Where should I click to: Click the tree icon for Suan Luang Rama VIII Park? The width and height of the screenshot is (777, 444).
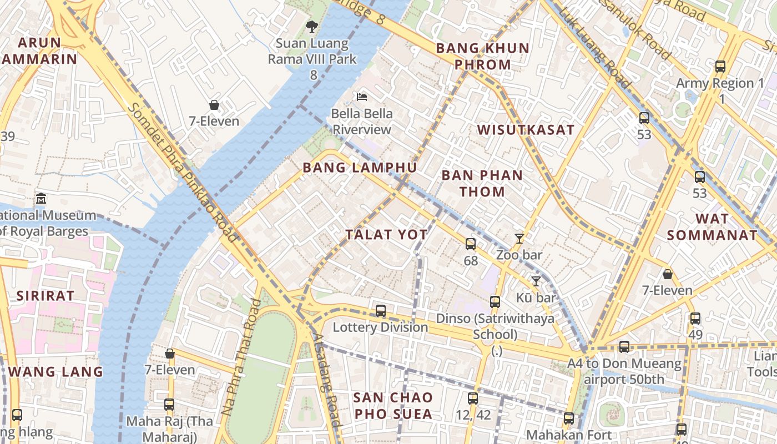tap(312, 26)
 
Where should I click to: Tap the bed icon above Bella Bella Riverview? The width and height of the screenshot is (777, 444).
tap(361, 97)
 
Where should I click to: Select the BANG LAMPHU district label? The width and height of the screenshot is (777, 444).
tap(360, 168)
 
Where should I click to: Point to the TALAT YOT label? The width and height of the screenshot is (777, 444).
tap(386, 235)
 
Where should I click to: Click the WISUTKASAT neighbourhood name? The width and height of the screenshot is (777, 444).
tap(526, 130)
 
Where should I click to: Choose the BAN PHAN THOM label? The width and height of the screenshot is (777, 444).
tap(482, 184)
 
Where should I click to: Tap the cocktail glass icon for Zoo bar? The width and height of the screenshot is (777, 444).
tap(519, 239)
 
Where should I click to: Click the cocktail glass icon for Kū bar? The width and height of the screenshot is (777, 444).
tap(536, 281)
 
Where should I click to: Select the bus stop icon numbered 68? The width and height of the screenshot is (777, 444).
tap(470, 244)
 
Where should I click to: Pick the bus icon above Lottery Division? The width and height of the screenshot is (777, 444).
tap(380, 311)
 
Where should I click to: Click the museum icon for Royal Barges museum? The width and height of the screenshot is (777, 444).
tap(41, 198)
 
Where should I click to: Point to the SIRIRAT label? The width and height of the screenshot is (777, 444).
tap(45, 296)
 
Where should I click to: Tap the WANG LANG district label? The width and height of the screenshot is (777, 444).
tap(56, 372)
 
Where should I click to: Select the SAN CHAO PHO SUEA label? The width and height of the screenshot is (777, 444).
tap(393, 406)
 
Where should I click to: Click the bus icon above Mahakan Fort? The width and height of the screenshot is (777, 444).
tap(568, 418)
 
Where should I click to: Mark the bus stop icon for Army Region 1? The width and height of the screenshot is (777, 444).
tap(720, 67)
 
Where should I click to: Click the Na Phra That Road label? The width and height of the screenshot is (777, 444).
tap(242, 357)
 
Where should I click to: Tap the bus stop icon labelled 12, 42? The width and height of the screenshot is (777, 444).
tap(472, 398)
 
